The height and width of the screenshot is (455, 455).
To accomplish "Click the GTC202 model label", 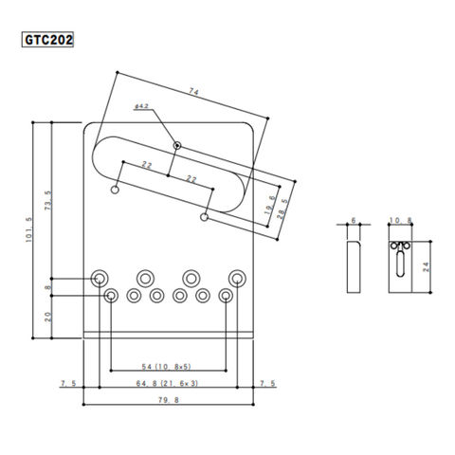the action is coord(47,40).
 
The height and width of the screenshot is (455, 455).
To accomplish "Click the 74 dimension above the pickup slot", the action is coord(194,92).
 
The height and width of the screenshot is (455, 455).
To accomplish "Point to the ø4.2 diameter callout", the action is coord(141,106).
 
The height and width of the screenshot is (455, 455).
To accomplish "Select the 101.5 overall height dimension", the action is coord(29,229).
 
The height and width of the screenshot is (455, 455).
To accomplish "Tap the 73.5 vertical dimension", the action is coord(48,201).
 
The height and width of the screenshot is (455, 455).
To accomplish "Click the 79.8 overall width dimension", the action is coord(169,400).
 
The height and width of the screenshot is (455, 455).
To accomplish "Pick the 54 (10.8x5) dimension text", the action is coord(167,367).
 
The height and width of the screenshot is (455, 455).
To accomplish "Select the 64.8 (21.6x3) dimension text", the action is coord(167,383).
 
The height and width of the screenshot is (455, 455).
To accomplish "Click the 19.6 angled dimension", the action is coord(270,205).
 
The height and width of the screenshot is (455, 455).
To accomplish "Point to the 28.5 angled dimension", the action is coord(282,209).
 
